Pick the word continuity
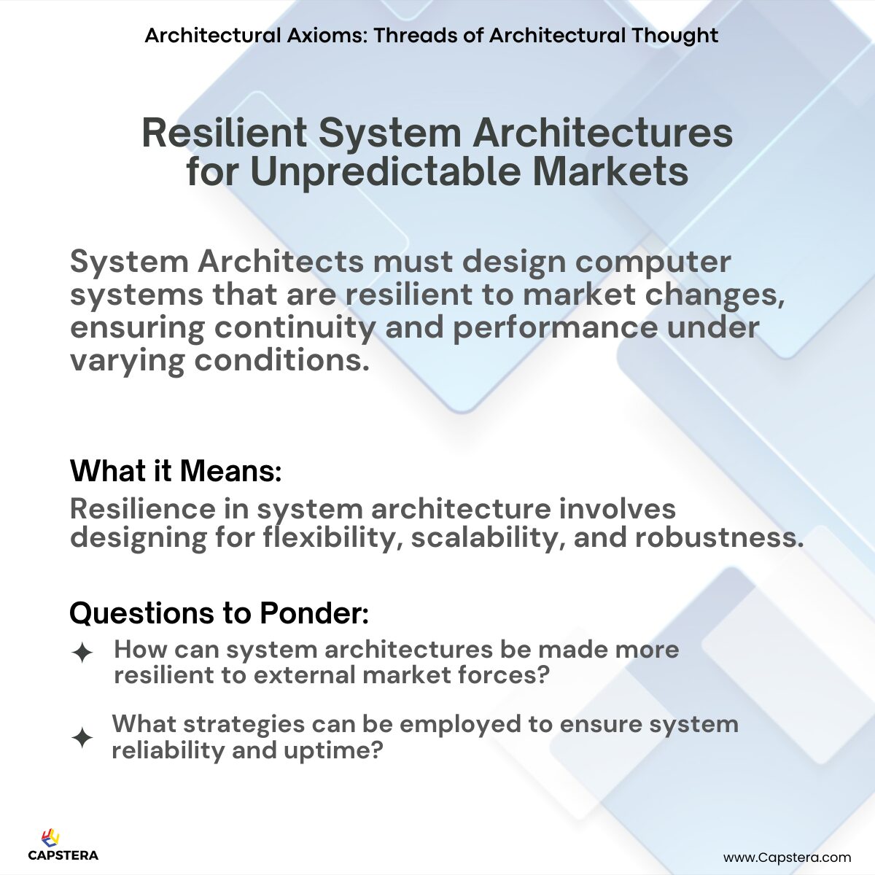click(293, 327)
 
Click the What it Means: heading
click(176, 471)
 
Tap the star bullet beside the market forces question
click(82, 652)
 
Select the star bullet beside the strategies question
click(82, 738)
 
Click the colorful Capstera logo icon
click(51, 838)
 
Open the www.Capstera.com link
click(787, 857)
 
